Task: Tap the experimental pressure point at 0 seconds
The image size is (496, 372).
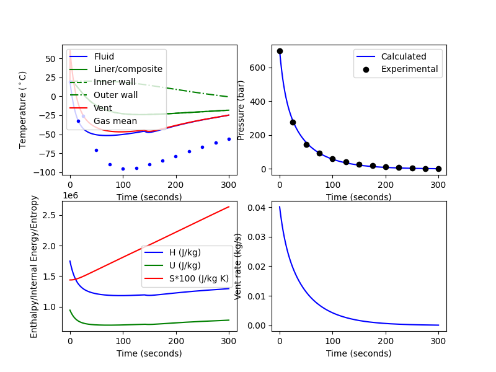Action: click(x=280, y=51)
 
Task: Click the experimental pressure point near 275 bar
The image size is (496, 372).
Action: click(x=293, y=122)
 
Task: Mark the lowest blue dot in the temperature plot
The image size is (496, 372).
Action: click(x=123, y=169)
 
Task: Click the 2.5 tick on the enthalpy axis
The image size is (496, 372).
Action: click(x=52, y=215)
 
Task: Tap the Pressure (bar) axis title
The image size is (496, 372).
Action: click(x=241, y=110)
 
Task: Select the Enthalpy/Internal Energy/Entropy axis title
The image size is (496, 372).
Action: click(x=34, y=267)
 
